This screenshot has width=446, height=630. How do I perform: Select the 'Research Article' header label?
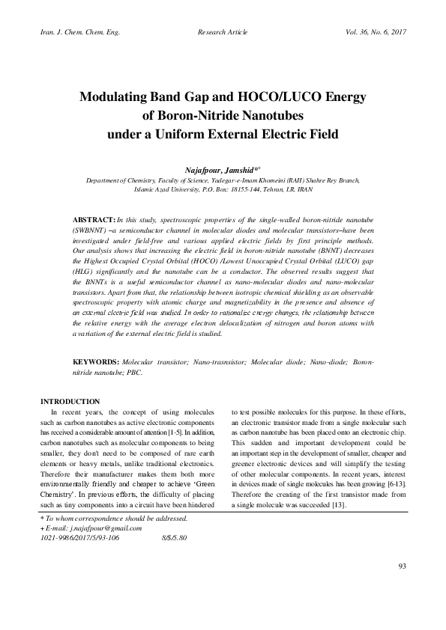coord(223,33)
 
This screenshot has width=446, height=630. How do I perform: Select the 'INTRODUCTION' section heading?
coord(70,402)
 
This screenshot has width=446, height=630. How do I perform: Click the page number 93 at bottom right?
coord(402,586)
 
